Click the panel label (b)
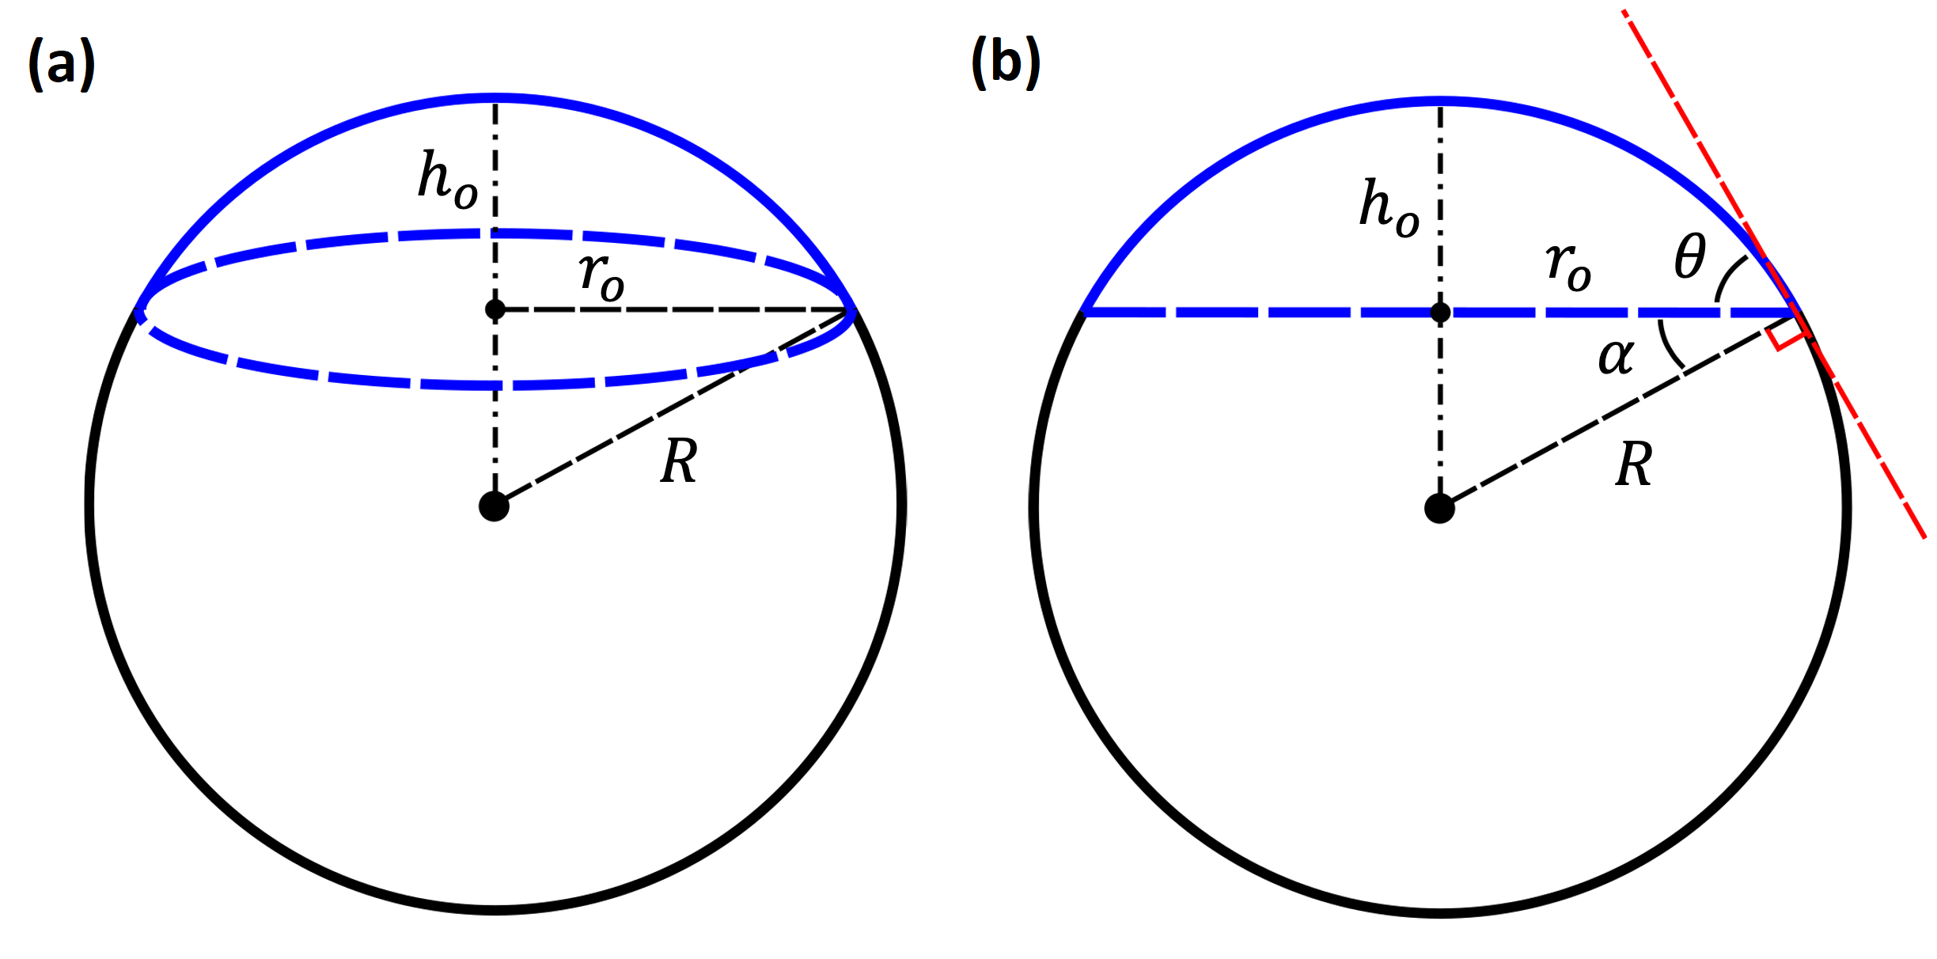[1006, 63]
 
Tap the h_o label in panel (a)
[448, 180]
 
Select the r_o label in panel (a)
[601, 277]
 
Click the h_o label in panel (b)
[1389, 207]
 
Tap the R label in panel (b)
[1634, 464]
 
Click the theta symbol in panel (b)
[1689, 256]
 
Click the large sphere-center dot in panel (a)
[494, 506]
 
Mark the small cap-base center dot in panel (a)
[495, 309]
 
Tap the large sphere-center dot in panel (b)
[1439, 508]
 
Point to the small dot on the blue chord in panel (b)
[1440, 313]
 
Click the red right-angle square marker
[1787, 334]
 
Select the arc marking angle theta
[1728, 277]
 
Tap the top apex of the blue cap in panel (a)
[495, 98]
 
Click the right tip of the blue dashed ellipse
[851, 311]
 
